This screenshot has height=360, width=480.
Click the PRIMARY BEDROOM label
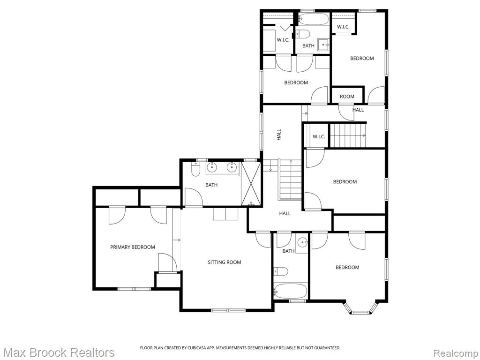click(x=133, y=247)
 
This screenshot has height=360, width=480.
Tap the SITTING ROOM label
click(x=225, y=262)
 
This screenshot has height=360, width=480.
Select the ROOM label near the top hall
click(x=347, y=97)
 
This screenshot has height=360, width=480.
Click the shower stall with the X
click(x=251, y=184)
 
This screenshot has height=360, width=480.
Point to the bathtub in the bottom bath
click(x=290, y=291)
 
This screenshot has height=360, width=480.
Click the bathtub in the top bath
click(x=313, y=19)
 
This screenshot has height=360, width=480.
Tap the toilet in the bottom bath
click(x=281, y=271)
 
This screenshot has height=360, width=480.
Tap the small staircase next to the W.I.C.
click(x=348, y=135)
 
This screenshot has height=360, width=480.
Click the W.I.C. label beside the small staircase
click(x=319, y=136)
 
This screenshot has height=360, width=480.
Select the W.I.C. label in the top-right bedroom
click(x=343, y=27)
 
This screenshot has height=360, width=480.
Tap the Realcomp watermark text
click(x=456, y=352)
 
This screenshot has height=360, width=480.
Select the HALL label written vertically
click(x=279, y=135)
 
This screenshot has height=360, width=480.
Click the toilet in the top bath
click(x=303, y=34)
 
